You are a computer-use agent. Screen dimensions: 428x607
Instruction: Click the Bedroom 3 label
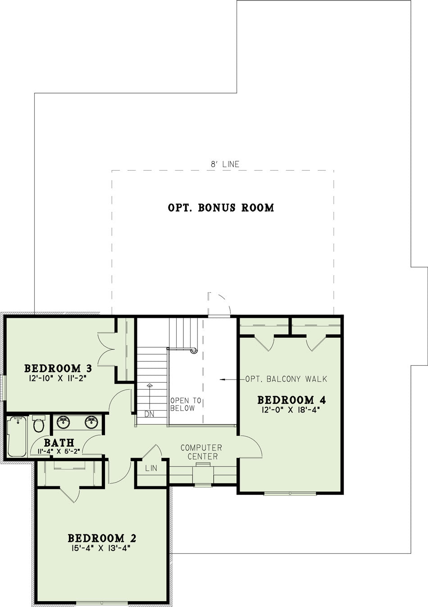pos(58,368)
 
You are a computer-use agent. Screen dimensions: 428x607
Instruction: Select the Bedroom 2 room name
pos(102,538)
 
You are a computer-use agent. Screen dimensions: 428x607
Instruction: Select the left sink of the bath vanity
pos(64,422)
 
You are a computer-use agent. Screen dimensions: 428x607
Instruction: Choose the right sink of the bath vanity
pos(91,422)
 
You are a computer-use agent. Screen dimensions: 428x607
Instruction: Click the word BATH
pos(59,443)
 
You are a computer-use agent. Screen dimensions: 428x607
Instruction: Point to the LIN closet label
pos(151,468)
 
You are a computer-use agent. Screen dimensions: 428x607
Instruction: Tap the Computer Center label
pos(201,452)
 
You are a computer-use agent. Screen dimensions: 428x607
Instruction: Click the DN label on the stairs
pos(150,414)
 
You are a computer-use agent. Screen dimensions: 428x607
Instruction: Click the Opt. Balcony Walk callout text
pos(286,379)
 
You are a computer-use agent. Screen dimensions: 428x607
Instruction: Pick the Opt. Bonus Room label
pos(221,208)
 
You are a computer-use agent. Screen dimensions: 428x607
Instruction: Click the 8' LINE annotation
pos(225,164)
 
